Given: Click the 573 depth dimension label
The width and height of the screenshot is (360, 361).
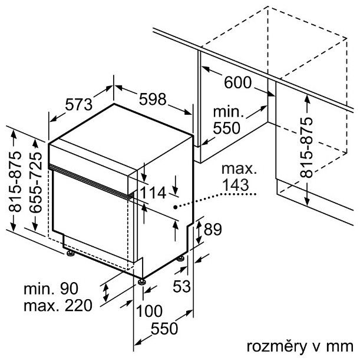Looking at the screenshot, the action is click(x=79, y=104).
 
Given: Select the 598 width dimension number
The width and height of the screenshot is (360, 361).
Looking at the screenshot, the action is click(x=153, y=99).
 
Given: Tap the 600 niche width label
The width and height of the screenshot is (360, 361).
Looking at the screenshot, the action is click(x=238, y=82).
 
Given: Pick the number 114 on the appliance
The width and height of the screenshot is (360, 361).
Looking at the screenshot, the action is click(x=153, y=193).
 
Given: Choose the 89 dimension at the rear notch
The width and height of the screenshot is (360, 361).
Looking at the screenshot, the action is click(x=213, y=229).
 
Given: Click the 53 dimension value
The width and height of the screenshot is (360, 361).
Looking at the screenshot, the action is click(x=181, y=287).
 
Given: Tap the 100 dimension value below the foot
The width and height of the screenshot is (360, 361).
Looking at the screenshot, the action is click(x=149, y=311).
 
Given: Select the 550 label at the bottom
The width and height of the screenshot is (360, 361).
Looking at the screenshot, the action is click(x=164, y=328).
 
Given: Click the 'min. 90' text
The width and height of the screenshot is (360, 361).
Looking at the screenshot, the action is click(x=51, y=289).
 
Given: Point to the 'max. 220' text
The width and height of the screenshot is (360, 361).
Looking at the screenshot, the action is click(x=58, y=306).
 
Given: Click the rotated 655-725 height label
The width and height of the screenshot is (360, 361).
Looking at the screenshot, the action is click(x=37, y=182).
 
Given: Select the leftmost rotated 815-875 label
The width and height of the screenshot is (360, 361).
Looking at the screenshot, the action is click(x=15, y=181).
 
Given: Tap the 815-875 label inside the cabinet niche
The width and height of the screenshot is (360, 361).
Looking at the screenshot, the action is click(x=306, y=147).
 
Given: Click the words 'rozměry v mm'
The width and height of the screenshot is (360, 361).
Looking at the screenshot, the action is click(x=300, y=346).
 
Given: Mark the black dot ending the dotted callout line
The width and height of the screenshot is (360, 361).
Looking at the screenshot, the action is click(x=176, y=207).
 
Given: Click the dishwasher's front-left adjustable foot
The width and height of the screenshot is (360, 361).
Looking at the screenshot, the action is click(x=70, y=253).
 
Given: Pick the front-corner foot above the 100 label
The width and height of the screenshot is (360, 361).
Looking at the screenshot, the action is click(x=141, y=282).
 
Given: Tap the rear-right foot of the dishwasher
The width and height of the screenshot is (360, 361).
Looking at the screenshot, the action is click(x=180, y=259).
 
